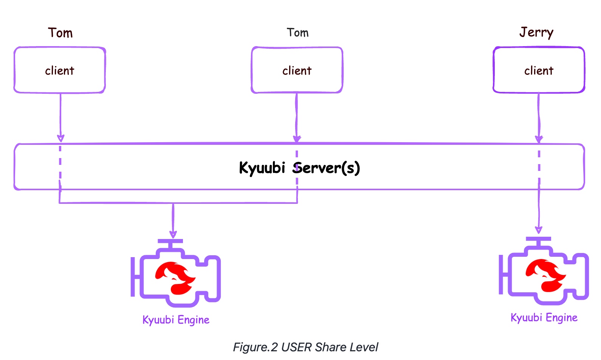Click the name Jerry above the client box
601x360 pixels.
[x=536, y=33]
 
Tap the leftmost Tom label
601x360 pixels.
[x=60, y=33]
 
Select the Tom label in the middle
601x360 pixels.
[x=297, y=33]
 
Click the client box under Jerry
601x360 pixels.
[x=539, y=70]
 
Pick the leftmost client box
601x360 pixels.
[x=60, y=70]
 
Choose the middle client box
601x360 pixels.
[x=297, y=70]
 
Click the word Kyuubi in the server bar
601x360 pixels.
[x=262, y=168]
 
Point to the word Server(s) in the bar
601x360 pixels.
[x=327, y=168]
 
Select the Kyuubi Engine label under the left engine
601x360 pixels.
[x=176, y=320]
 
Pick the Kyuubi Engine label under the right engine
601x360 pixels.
[x=544, y=318]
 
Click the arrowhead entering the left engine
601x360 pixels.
[x=173, y=233]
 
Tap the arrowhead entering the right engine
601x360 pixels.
[x=539, y=230]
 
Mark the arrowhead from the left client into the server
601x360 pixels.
[x=60, y=138]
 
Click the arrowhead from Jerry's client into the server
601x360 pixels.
[x=539, y=138]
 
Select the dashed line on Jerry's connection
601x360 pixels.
[x=539, y=166]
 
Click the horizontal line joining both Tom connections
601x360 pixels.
[x=178, y=203]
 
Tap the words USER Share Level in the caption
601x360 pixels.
[x=330, y=347]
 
